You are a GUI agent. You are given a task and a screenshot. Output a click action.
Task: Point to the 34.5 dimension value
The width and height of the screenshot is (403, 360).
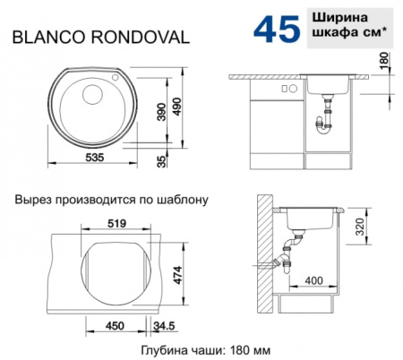[164, 326]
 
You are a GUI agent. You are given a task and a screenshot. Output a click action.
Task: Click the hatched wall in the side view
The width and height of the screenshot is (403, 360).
[262, 246]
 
